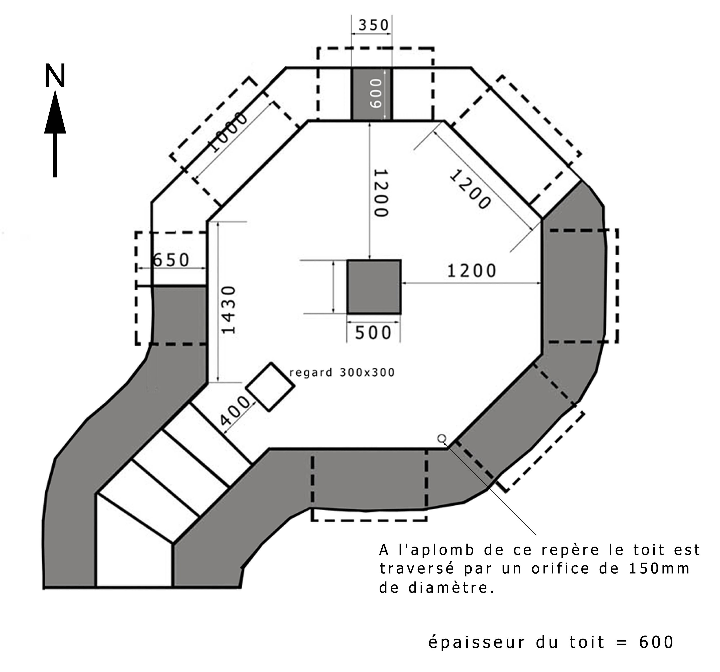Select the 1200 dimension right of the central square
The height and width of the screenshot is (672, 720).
[x=471, y=271]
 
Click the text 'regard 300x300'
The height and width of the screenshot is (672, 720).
[x=342, y=372]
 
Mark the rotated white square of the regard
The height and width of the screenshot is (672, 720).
[x=270, y=387]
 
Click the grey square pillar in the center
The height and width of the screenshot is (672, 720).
[x=374, y=287]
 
